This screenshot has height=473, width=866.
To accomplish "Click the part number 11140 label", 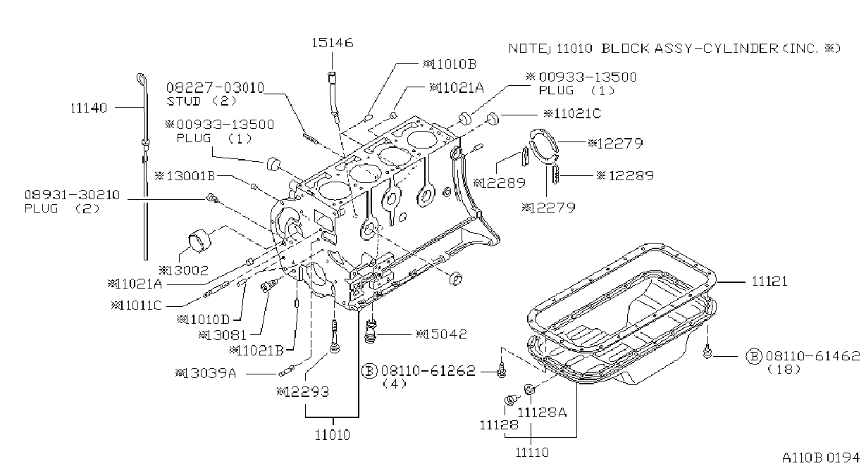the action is pyautogui.click(x=89, y=108).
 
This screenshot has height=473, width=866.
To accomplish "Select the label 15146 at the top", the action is pyautogui.click(x=333, y=43).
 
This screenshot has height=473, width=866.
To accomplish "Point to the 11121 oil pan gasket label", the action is pyautogui.click(x=769, y=281).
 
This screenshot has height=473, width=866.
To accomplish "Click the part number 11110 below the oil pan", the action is pyautogui.click(x=532, y=452).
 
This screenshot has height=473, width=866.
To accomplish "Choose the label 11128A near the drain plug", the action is pyautogui.click(x=542, y=412).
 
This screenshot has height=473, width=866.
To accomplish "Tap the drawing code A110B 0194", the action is pyautogui.click(x=821, y=458).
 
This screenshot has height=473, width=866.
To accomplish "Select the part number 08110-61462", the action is pyautogui.click(x=813, y=355).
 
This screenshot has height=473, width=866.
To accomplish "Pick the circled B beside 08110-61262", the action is pyautogui.click(x=369, y=371).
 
